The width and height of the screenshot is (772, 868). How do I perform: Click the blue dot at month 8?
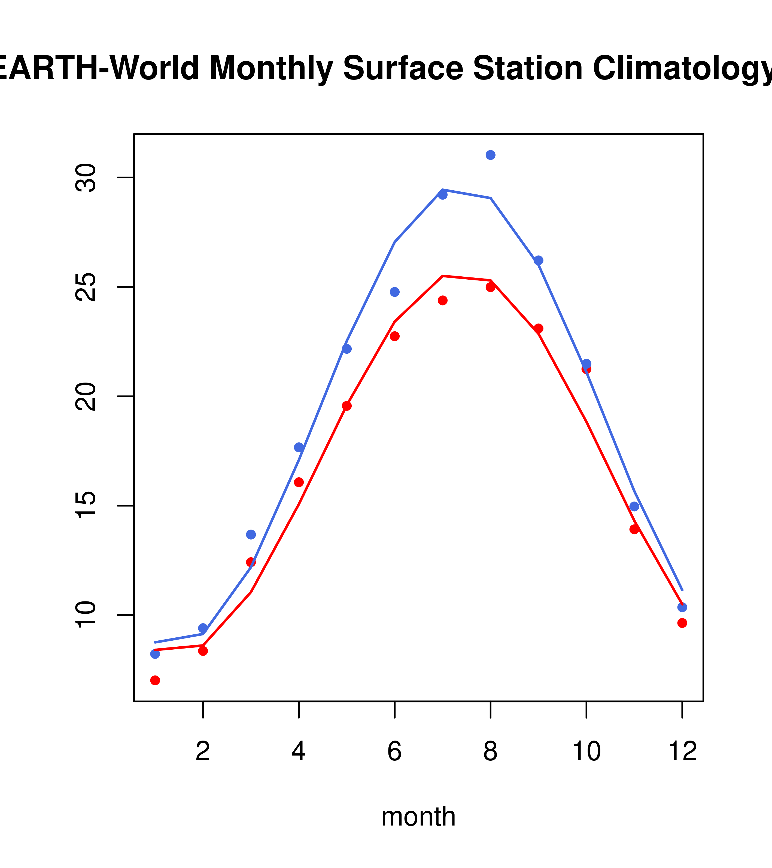490,155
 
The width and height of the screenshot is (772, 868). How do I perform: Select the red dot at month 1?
155,680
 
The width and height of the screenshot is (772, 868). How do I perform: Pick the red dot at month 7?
443,300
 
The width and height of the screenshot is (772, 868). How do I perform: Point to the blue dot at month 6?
395,292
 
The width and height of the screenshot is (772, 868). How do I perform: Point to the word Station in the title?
528,68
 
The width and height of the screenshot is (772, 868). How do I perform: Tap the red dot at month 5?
347,406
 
